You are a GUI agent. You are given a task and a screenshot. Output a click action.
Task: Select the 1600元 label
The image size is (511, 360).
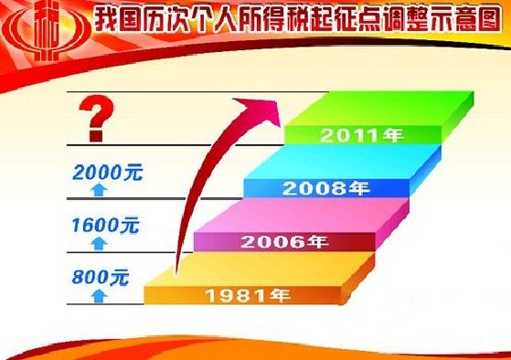coord(101,222)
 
